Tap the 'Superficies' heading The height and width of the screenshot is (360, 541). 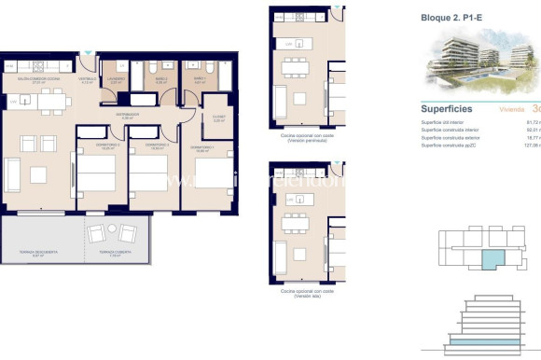point(449,108)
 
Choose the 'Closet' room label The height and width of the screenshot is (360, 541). point(217,119)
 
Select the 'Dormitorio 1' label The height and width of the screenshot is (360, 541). point(202,147)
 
